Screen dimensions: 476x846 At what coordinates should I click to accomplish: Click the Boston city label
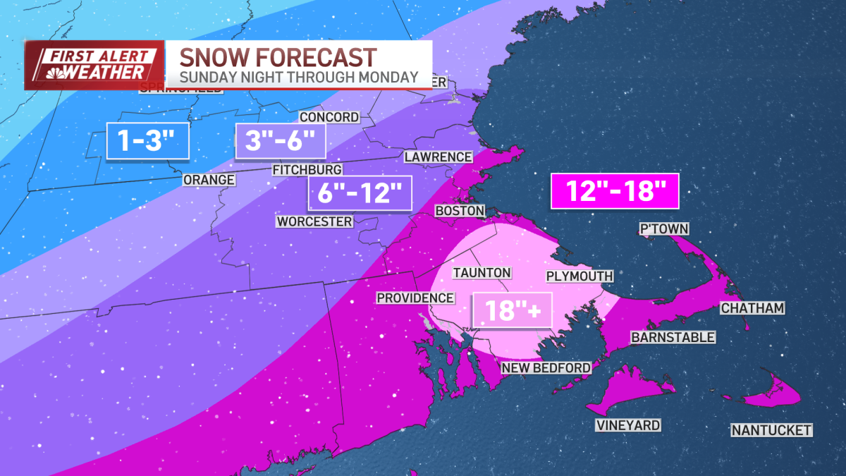click(x=460, y=211)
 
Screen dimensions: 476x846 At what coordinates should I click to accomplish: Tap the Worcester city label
click(x=314, y=221)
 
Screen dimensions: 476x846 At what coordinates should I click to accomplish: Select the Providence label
click(x=415, y=298)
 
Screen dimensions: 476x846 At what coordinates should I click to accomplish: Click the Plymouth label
click(x=579, y=276)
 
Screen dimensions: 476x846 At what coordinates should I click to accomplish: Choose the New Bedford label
click(x=545, y=368)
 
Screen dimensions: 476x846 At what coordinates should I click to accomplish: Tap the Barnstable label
click(x=673, y=338)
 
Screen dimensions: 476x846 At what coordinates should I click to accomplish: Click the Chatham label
click(x=752, y=308)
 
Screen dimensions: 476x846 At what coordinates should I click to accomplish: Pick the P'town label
click(x=663, y=228)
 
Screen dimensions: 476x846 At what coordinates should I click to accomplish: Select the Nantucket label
click(x=771, y=430)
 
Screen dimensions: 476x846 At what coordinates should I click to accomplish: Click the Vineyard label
click(x=627, y=425)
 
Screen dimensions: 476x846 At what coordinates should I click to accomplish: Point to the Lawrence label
click(x=438, y=157)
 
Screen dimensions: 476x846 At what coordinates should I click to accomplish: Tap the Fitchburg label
click(x=307, y=169)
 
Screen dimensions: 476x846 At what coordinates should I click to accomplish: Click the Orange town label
click(x=209, y=180)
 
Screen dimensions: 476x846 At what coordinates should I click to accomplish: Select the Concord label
click(x=329, y=117)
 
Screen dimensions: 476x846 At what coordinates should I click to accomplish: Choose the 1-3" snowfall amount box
click(x=149, y=140)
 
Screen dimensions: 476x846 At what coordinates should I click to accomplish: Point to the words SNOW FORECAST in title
click(x=277, y=56)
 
